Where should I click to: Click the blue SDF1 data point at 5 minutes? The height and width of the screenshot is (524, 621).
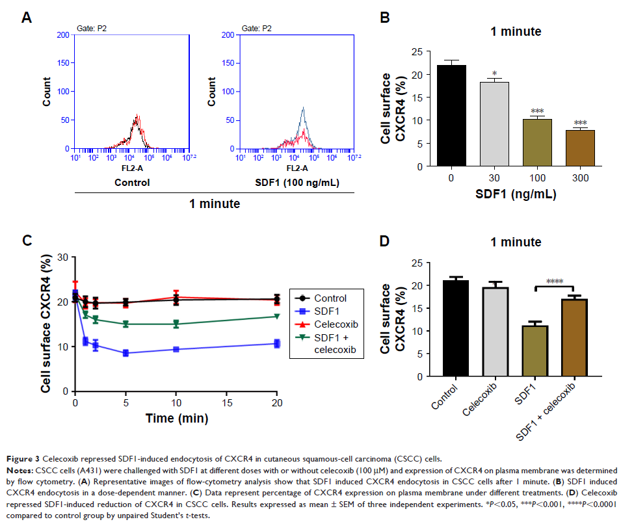[x=125, y=353]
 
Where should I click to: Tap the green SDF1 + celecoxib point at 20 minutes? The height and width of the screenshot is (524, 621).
[x=277, y=317]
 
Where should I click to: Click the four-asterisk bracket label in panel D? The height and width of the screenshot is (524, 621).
[x=554, y=282]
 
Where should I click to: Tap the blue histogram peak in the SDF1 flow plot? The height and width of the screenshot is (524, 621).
[x=302, y=109]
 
